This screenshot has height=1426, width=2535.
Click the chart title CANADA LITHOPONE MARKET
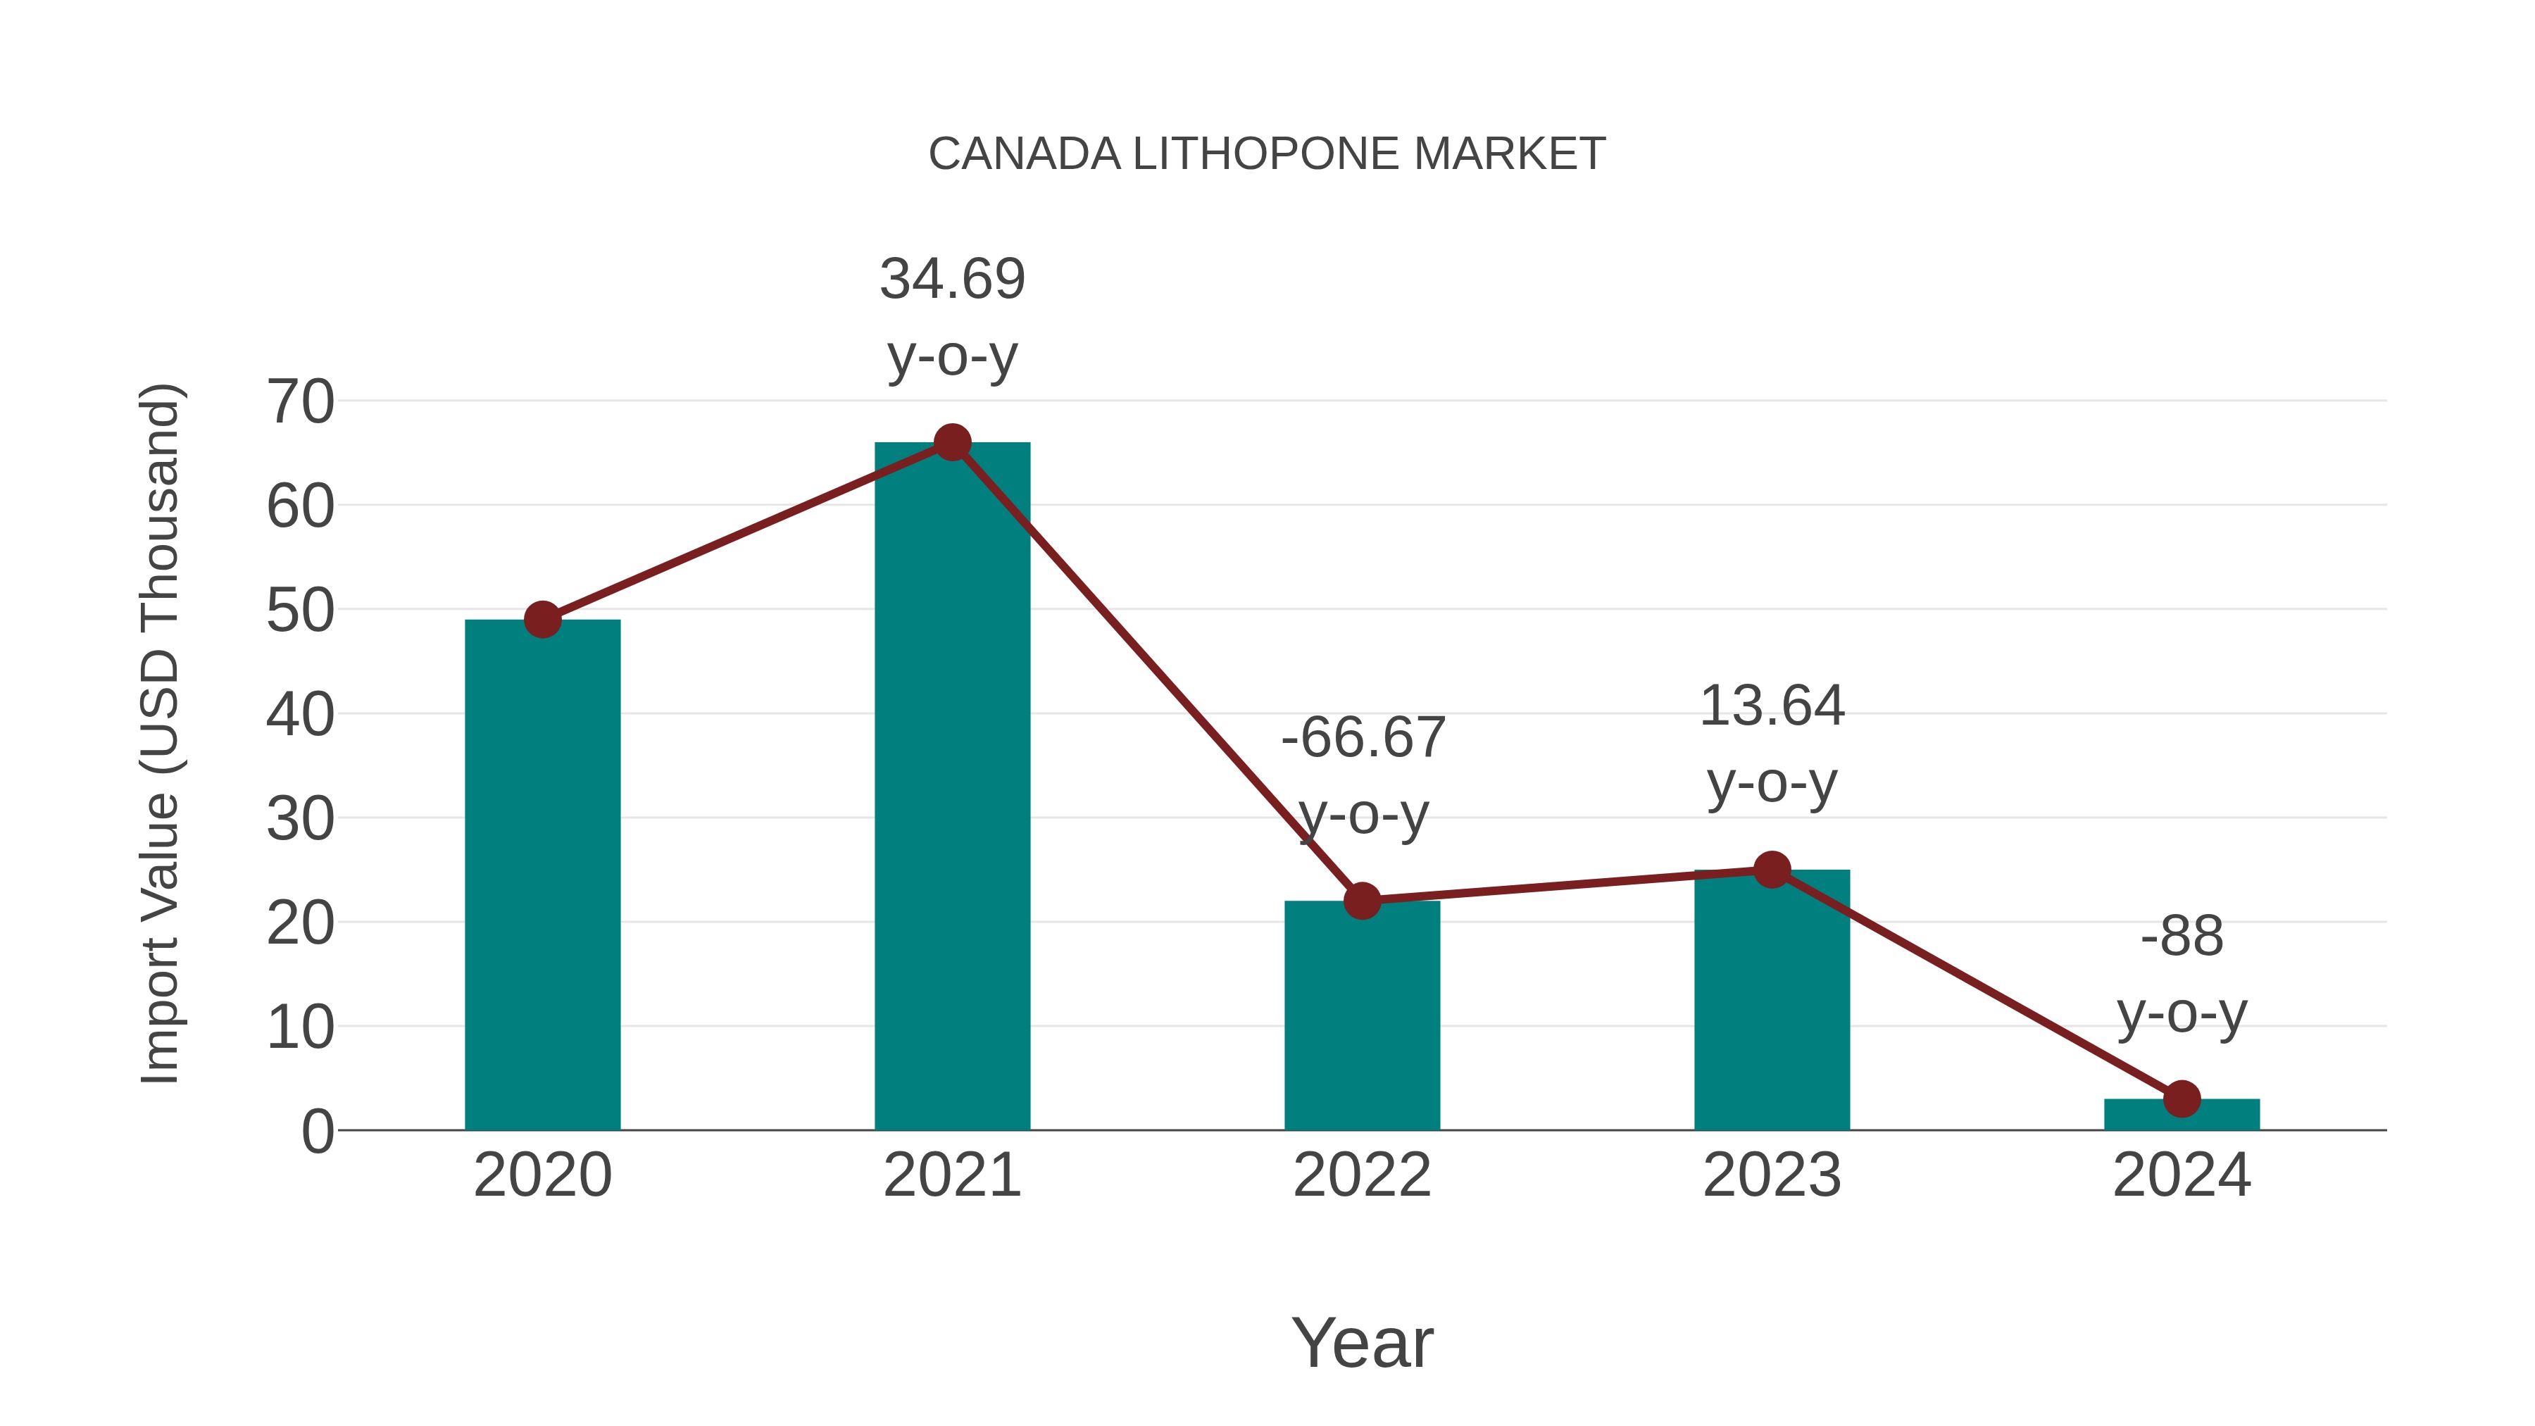coord(1267,154)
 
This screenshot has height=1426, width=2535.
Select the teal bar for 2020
coord(542,876)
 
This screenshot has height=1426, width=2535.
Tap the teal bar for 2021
coord(951,787)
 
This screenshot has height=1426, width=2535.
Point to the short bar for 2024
coord(2182,1115)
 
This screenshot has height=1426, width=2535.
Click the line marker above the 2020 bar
coord(542,620)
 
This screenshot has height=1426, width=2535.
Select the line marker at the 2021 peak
coord(951,443)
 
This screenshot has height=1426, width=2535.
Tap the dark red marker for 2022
coord(1362,901)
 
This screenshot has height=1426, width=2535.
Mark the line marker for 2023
coord(1772,870)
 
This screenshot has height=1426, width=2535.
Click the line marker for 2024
coord(2182,1099)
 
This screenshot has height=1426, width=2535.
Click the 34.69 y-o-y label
coord(951,316)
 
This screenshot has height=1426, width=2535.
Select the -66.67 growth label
coord(1363,775)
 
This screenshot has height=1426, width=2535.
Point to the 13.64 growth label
coord(1772,744)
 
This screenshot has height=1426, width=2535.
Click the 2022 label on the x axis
coord(1362,1175)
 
